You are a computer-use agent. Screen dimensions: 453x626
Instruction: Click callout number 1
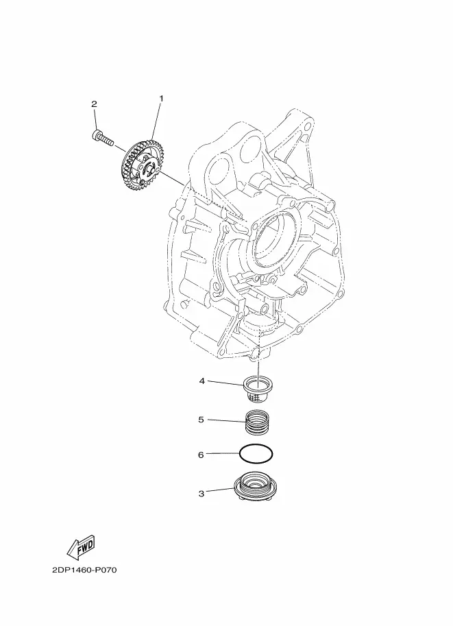(162, 98)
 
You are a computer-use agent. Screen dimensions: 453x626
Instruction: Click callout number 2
(94, 104)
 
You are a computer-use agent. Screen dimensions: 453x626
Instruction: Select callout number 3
(201, 494)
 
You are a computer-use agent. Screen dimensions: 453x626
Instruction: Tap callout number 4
(202, 381)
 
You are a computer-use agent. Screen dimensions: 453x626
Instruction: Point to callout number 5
(201, 420)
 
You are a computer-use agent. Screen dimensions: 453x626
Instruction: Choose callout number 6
(201, 455)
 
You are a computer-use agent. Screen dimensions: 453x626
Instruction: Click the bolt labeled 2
(103, 137)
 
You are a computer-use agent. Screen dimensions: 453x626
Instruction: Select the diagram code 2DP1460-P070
(84, 570)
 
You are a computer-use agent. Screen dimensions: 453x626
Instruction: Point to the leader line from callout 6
(223, 453)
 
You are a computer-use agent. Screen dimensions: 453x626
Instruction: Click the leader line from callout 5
(226, 421)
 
